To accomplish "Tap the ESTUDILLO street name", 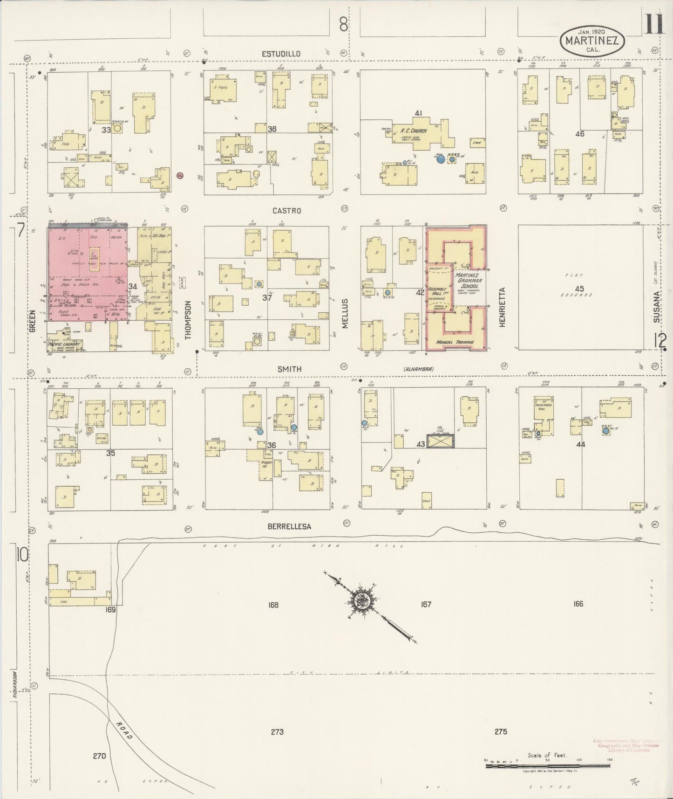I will point(281,54).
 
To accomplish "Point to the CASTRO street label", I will point(286,211).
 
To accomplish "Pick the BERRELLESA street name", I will point(289,526).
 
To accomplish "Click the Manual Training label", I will point(455,342).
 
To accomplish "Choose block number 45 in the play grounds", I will point(579,289).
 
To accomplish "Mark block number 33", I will point(107,130).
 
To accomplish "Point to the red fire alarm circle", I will point(180,175).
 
